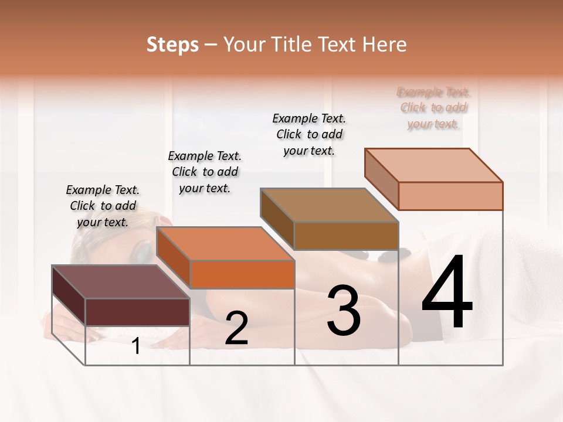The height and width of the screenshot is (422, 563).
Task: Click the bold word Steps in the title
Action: (x=172, y=45)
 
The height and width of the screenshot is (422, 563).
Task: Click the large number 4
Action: (x=447, y=293)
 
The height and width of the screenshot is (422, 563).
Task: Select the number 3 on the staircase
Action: (x=344, y=311)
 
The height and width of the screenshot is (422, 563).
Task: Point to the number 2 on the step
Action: (x=236, y=329)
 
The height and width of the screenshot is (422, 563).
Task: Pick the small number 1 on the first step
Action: (x=136, y=346)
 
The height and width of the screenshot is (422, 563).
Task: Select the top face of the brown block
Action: (x=329, y=205)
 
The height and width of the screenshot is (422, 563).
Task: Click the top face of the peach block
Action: (x=434, y=165)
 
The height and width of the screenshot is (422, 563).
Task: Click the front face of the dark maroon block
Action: (x=137, y=312)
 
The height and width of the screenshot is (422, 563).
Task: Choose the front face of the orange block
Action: (x=242, y=274)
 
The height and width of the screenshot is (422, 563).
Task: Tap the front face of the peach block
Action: (x=450, y=196)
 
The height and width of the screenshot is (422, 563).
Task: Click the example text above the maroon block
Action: (x=103, y=206)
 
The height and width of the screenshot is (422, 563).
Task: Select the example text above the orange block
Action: (x=205, y=172)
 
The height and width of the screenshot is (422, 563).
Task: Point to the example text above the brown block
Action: (x=309, y=134)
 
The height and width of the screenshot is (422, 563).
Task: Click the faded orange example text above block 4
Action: (x=433, y=108)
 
